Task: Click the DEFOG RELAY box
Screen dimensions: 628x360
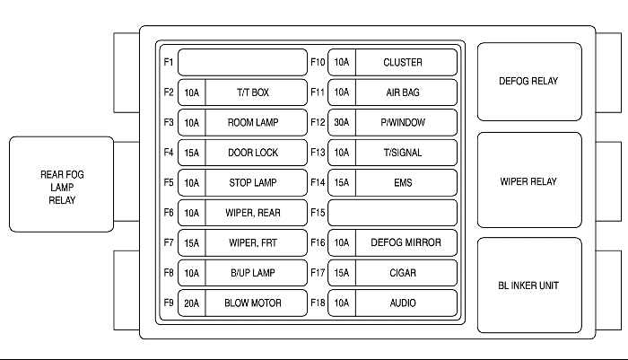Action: [529, 82]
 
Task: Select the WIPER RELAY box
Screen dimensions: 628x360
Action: [529, 180]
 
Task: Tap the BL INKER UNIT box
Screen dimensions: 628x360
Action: [529, 285]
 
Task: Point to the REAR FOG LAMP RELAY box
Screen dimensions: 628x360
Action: [61, 184]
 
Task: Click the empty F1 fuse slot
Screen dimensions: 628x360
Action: [242, 62]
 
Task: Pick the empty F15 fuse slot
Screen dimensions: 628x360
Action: [392, 213]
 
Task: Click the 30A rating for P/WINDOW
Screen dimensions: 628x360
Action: [342, 122]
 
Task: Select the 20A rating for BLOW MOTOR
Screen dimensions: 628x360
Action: [191, 303]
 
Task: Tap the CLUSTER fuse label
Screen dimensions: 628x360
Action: [403, 63]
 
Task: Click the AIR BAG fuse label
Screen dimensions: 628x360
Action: [403, 92]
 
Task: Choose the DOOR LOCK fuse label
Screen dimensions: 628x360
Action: [253, 153]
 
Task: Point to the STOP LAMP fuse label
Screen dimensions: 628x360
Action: [253, 183]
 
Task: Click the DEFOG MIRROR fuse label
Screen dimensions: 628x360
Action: [406, 242]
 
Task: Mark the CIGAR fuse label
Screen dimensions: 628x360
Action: [403, 273]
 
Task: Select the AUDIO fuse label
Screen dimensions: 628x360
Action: [403, 303]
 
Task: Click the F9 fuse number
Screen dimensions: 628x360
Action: [169, 303]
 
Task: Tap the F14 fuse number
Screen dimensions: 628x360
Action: [318, 182]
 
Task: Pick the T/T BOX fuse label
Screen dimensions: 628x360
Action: [253, 92]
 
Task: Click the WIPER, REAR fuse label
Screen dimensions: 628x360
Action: [253, 213]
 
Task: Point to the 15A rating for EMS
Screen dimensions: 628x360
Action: [342, 183]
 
